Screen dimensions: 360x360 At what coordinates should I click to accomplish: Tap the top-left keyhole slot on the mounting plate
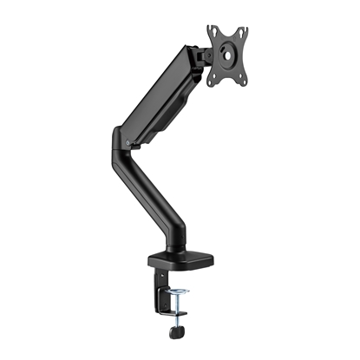point(214,31)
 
